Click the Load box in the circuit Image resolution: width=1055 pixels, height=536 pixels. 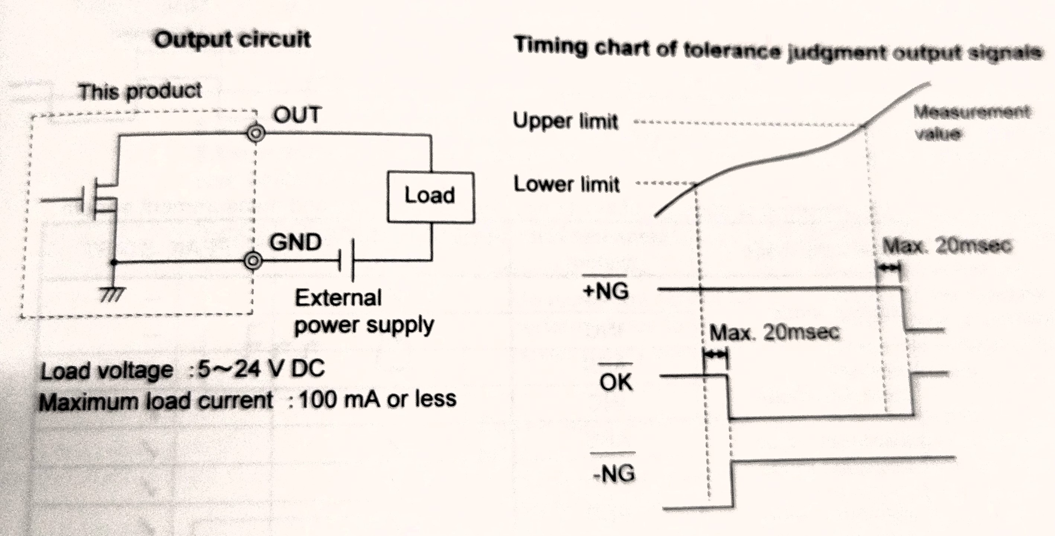click(431, 197)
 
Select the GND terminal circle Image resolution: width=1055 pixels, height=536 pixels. click(253, 261)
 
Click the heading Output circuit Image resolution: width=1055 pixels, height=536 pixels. click(233, 40)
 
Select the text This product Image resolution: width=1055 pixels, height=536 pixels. click(140, 91)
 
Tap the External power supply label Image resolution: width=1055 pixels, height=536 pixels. click(364, 312)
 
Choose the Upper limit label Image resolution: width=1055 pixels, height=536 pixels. click(565, 121)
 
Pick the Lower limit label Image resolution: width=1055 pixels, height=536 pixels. click(567, 184)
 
